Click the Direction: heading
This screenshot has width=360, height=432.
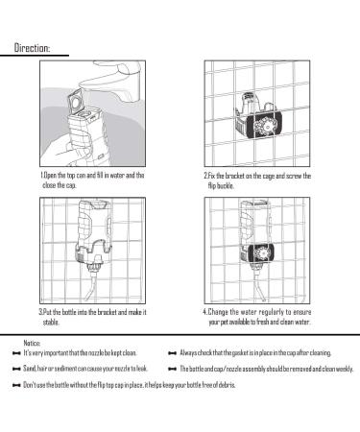(32, 48)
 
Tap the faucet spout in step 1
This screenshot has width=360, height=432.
(106, 78)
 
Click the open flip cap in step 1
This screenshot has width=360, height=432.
(77, 102)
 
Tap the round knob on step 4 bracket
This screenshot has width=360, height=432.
(261, 254)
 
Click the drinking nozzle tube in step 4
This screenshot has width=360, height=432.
(260, 286)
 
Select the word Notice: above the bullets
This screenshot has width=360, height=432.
(32, 343)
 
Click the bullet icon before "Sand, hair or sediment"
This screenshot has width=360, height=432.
(16, 369)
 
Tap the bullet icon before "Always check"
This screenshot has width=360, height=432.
(172, 353)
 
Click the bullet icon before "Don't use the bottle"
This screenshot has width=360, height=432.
(16, 385)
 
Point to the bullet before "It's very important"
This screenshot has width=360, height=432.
(16, 353)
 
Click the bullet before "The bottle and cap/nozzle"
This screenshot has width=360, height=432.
(172, 370)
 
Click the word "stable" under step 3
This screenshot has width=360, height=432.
(51, 322)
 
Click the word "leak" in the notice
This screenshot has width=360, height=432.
(141, 369)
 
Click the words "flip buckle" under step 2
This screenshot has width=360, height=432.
(221, 185)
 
